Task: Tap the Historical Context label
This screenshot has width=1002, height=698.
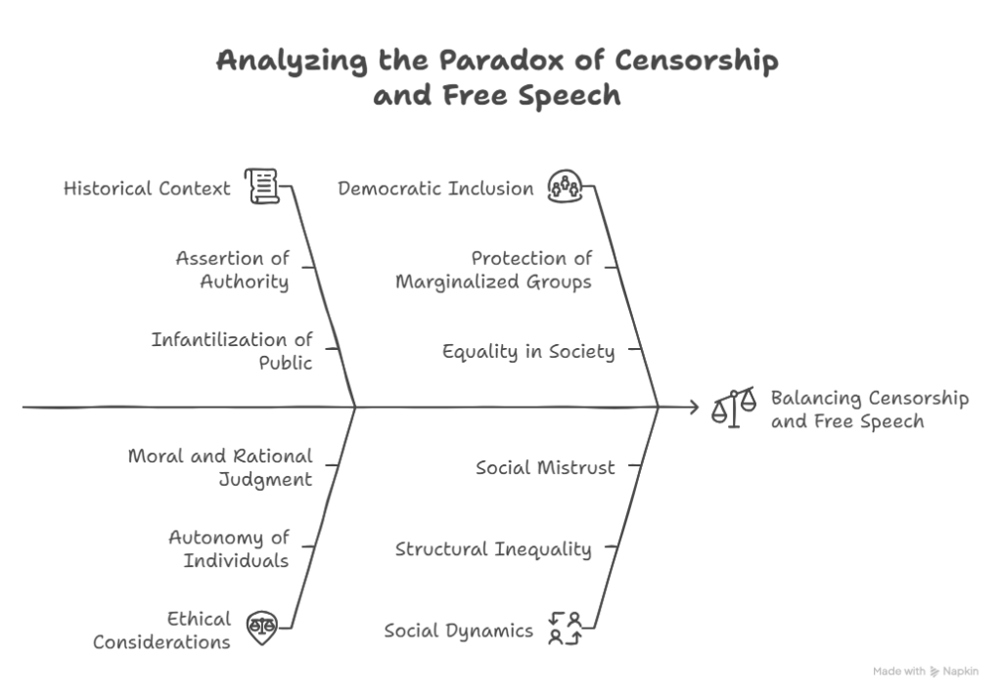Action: pyautogui.click(x=147, y=188)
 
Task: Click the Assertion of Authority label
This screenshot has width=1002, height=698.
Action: pyautogui.click(x=233, y=270)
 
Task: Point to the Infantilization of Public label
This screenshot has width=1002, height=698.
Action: pyautogui.click(x=232, y=351)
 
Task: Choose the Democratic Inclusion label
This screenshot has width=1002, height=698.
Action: pyautogui.click(x=435, y=188)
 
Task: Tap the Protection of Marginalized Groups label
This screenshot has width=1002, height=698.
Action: pyautogui.click(x=494, y=270)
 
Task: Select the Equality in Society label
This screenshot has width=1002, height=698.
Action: pyautogui.click(x=528, y=351)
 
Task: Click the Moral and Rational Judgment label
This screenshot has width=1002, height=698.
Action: pyautogui.click(x=220, y=467)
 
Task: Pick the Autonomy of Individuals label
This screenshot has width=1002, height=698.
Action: pyautogui.click(x=229, y=548)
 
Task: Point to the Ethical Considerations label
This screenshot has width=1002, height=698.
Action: pyautogui.click(x=162, y=631)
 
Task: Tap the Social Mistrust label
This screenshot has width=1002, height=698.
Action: pyautogui.click(x=545, y=467)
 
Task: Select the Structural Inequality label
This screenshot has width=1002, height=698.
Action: pyautogui.click(x=493, y=548)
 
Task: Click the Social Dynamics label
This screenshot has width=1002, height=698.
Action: pyautogui.click(x=458, y=631)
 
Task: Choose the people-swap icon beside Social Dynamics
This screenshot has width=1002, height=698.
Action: pyautogui.click(x=566, y=627)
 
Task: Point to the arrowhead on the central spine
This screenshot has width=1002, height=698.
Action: pyautogui.click(x=693, y=406)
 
